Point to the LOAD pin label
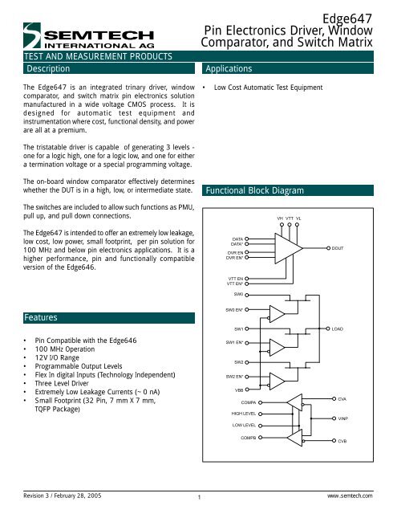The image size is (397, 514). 338,329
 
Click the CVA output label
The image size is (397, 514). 341,399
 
